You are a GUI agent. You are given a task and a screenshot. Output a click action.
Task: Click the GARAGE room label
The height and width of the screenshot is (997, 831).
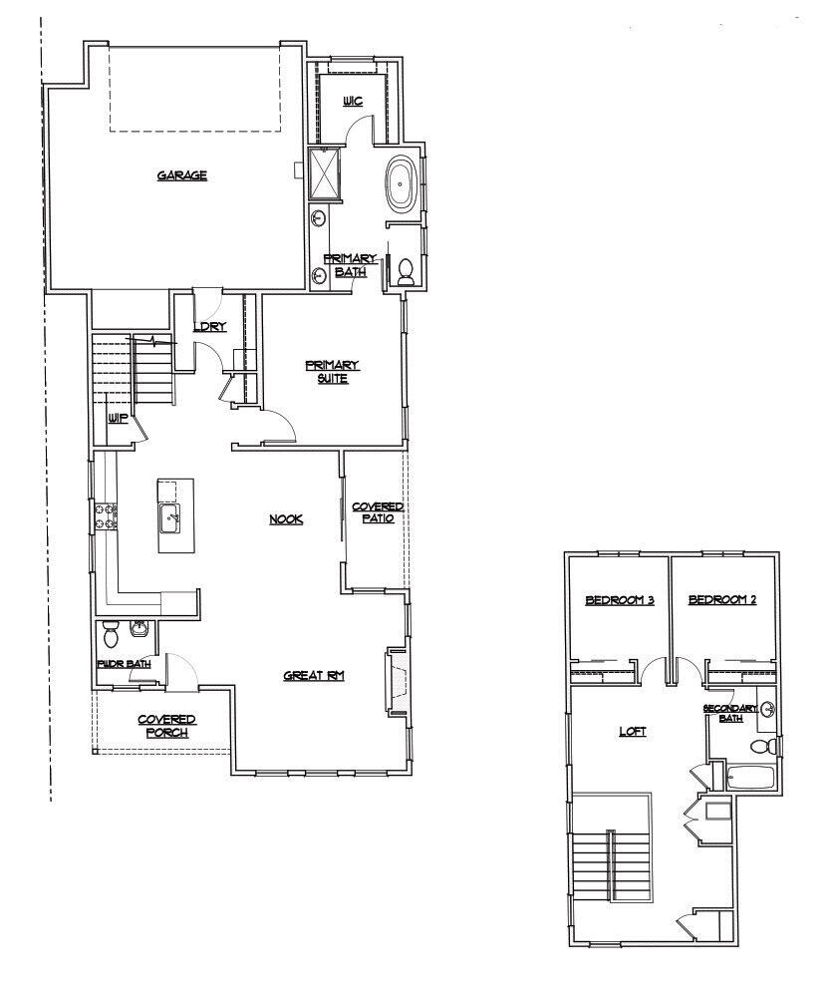click(x=181, y=175)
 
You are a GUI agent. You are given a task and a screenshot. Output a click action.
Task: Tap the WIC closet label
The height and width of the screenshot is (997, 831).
click(x=352, y=102)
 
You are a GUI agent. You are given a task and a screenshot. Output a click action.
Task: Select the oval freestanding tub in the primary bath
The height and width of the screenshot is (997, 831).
click(x=402, y=184)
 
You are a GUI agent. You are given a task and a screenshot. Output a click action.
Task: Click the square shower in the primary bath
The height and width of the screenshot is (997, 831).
click(x=325, y=172)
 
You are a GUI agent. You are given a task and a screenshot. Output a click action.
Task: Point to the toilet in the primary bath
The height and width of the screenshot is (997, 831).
click(x=405, y=270)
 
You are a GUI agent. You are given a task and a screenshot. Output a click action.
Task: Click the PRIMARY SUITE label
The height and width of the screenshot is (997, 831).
click(x=332, y=371)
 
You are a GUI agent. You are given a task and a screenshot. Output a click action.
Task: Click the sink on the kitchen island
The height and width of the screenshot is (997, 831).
click(x=170, y=516)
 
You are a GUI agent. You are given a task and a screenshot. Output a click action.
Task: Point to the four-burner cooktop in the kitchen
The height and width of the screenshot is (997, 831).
click(x=106, y=515)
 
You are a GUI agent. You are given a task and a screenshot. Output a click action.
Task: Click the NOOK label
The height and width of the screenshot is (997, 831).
click(x=286, y=518)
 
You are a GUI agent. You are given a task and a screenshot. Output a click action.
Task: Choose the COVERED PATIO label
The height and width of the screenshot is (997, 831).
click(x=377, y=512)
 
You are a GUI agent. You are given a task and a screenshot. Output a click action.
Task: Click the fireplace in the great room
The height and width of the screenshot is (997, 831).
click(x=398, y=682)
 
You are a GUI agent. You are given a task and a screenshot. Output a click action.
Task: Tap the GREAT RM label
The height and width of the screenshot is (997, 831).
click(x=314, y=675)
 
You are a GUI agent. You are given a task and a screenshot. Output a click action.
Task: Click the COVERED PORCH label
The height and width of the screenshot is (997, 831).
click(x=166, y=726)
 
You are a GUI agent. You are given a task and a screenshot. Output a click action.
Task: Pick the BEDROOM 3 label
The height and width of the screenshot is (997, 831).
click(x=618, y=600)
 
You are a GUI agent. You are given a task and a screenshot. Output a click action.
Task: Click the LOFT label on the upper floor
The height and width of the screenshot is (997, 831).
click(x=633, y=731)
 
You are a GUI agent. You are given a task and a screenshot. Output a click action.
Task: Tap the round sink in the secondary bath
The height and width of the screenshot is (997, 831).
click(x=768, y=710)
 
